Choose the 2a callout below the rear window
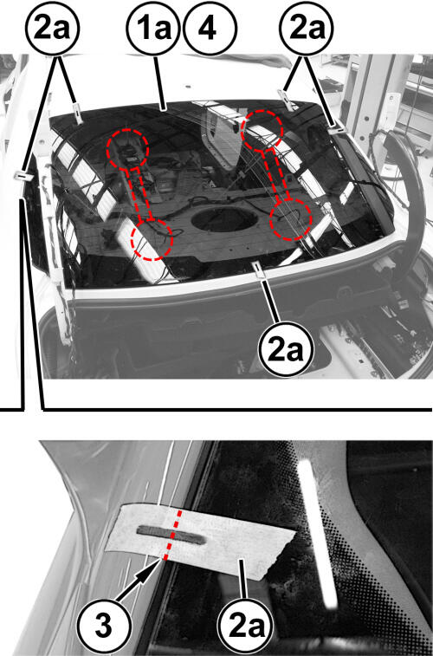click(287, 350)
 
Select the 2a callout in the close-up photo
click(245, 626)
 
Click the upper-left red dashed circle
click(127, 147)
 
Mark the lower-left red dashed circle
click(152, 239)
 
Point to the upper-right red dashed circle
click(262, 131)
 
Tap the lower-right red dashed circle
click(291, 219)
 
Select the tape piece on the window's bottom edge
click(259, 270)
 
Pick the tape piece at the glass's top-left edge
click(77, 114)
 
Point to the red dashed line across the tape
click(172, 535)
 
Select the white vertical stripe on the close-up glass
click(318, 534)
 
